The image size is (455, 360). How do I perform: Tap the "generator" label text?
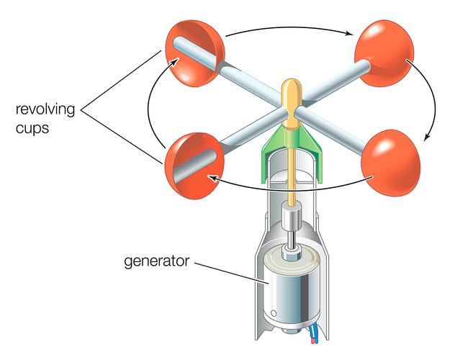coord(153,261)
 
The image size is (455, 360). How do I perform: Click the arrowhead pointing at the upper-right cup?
coord(351,34)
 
